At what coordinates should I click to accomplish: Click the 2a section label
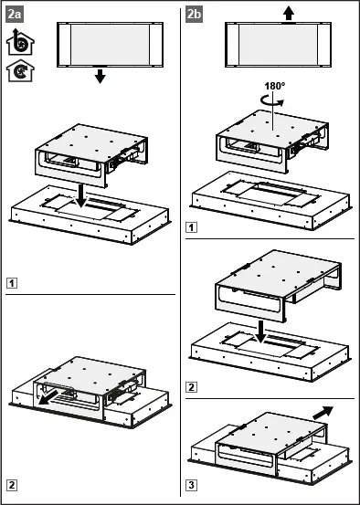15,15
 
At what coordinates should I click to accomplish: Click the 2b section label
194,15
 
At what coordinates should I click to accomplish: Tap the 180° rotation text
275,86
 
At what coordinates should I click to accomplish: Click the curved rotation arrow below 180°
272,101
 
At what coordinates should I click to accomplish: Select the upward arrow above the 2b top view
289,15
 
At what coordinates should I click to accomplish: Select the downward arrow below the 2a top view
101,76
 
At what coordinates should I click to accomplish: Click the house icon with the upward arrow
20,42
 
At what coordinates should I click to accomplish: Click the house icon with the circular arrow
20,70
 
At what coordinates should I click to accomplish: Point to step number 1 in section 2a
12,283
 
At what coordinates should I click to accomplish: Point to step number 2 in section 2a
12,485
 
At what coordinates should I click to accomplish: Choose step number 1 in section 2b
191,227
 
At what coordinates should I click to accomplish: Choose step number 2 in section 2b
191,387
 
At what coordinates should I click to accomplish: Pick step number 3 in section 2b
191,485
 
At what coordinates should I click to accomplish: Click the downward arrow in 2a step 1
80,196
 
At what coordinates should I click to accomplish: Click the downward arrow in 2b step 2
260,331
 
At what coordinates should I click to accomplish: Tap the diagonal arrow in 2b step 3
323,413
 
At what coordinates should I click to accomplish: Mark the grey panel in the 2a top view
111,45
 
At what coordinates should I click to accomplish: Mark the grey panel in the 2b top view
278,45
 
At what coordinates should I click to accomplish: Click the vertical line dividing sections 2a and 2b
180,252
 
